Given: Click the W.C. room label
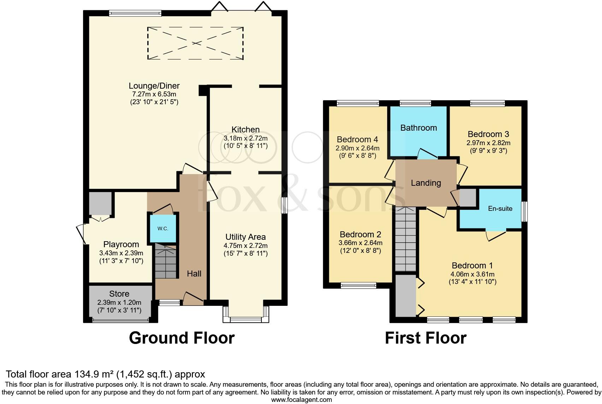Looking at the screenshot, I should [x=163, y=228].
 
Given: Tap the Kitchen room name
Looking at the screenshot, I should [x=246, y=130].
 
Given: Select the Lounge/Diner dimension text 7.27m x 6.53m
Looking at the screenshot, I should [x=154, y=94].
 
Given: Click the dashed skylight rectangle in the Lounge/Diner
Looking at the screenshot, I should [x=195, y=43].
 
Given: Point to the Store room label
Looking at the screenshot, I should [x=119, y=294].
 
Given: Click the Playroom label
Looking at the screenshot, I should [x=121, y=244].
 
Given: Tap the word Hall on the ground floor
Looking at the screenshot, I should [x=194, y=274].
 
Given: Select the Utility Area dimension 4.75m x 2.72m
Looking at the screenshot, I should [x=246, y=246].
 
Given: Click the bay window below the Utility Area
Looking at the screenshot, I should [x=246, y=315].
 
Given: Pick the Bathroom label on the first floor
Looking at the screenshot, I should [x=418, y=128].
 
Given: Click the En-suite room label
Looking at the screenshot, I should [x=500, y=209].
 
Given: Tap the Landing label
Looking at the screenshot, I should [x=426, y=183].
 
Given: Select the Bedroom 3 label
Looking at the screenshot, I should [x=488, y=134].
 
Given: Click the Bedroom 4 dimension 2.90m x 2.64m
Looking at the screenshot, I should [x=358, y=148].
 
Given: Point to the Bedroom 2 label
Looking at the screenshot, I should [x=360, y=234].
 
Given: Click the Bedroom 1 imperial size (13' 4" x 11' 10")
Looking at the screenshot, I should [x=472, y=282].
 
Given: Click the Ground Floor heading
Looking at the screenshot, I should [x=182, y=338].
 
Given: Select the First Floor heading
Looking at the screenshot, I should [x=425, y=338].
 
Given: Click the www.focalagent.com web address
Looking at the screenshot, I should [x=301, y=400].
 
